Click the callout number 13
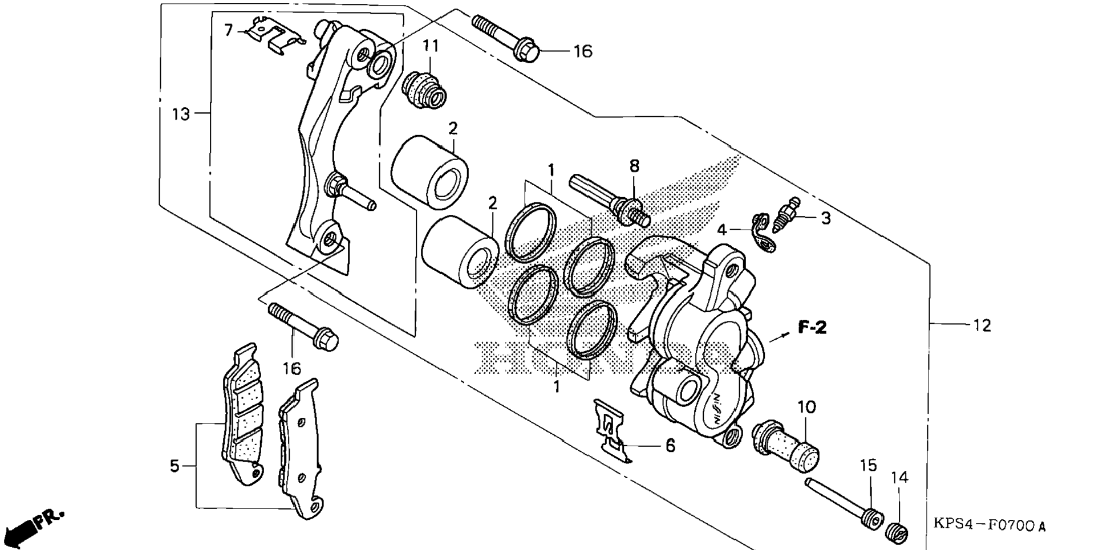[x=181, y=115]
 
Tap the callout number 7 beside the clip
[x=229, y=30]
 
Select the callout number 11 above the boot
[x=431, y=46]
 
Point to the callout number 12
[x=982, y=325]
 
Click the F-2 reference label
[x=812, y=327]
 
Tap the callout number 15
[x=868, y=466]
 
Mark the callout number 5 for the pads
[x=175, y=466]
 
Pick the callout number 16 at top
[x=583, y=51]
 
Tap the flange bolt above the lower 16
[x=303, y=327]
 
